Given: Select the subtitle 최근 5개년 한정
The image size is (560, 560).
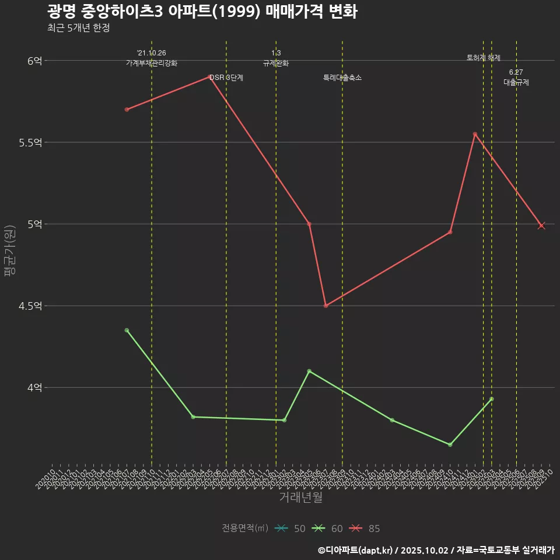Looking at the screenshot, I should tap(78, 28).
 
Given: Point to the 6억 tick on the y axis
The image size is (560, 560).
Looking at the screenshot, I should tap(34, 61).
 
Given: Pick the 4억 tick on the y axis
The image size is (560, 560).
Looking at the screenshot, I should tap(34, 387).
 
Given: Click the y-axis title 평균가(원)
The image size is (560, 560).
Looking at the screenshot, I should tap(10, 251).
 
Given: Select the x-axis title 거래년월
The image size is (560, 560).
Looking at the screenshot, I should tap(300, 498).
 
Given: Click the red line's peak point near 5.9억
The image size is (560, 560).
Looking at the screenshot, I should tap(211, 76).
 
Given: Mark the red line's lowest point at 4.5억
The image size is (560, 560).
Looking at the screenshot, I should tap(325, 306).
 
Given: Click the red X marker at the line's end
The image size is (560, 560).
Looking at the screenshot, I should tap(541, 226).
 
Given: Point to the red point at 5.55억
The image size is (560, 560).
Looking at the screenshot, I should tap(475, 134).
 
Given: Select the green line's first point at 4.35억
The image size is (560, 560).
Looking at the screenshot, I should tap(127, 330).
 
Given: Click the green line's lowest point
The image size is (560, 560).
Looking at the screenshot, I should tap(450, 444).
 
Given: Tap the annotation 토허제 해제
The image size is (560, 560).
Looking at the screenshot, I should tap(484, 58).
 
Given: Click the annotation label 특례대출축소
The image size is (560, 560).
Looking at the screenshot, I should tap(342, 78).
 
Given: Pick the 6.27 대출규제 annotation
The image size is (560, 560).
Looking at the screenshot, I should tap(516, 78).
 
